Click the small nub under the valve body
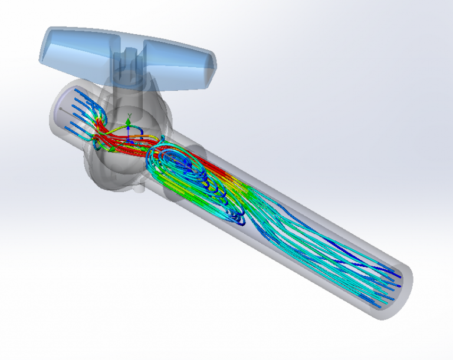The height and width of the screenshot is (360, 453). pos(139,189)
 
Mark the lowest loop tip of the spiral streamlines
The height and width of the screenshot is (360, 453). pos(238,222)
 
